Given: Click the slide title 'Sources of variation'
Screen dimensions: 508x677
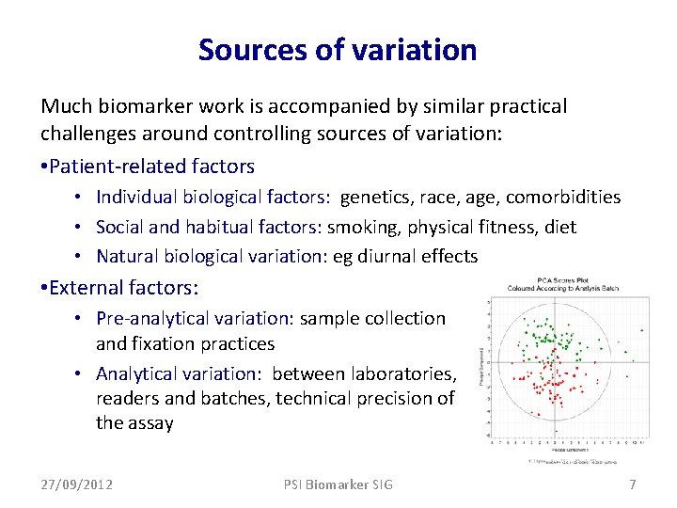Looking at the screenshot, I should tap(338, 49).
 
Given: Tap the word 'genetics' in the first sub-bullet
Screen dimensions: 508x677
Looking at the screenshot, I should tap(373, 197).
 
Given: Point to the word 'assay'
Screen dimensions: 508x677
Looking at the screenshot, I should tap(150, 422).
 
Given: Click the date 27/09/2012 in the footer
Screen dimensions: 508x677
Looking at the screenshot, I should tap(77, 484).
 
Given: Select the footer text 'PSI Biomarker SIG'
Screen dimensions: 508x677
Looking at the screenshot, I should tap(338, 484).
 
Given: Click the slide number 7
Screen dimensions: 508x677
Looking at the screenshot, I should tap(632, 484).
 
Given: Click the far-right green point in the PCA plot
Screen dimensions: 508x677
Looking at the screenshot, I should tap(642, 330).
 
